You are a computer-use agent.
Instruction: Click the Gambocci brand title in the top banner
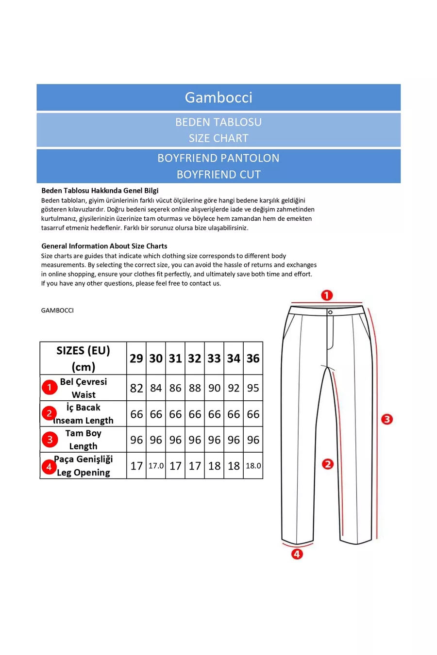218,98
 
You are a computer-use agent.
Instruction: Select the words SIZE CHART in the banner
218,138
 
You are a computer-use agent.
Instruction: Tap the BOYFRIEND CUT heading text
218,174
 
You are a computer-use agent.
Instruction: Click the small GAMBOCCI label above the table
57,311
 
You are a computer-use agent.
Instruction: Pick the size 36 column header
253,359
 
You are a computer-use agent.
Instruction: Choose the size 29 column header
136,359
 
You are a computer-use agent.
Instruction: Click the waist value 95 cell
253,388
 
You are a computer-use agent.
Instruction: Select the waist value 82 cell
136,388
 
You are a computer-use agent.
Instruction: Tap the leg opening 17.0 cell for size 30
156,466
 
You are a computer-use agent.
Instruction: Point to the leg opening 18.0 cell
253,466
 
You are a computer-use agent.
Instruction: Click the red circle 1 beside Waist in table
50,387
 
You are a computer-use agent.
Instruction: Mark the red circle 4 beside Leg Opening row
49,467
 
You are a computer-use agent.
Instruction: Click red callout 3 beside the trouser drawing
387,419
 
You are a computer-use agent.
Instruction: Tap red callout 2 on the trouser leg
328,464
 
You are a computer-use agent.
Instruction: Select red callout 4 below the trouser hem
297,554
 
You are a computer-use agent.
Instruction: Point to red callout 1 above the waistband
327,295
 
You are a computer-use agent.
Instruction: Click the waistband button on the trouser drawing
330,312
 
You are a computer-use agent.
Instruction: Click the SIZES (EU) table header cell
83,359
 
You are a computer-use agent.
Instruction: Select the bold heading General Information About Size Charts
104,246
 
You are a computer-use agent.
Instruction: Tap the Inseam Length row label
84,420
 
